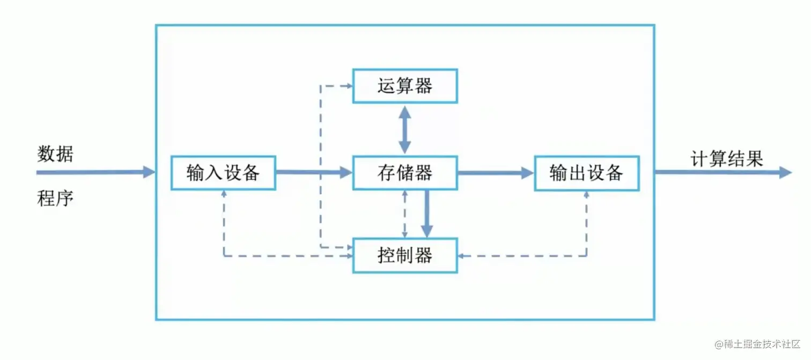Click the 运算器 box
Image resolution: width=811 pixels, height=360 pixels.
(x=405, y=86)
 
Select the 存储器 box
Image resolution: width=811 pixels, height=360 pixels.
(x=405, y=173)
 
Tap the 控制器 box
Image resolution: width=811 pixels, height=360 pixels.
(x=405, y=255)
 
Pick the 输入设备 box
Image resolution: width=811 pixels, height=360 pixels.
(x=223, y=173)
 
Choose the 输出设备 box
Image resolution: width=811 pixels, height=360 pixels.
(x=587, y=173)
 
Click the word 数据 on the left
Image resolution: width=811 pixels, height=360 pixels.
(x=55, y=155)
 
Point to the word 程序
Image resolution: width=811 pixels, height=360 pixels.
(x=55, y=199)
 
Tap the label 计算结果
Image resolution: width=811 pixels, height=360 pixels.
(x=726, y=159)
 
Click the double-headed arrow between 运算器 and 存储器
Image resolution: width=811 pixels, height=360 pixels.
(x=405, y=129)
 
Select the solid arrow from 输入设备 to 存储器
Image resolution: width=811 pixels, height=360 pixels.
(x=314, y=172)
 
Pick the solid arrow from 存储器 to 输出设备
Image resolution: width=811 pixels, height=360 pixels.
(x=496, y=172)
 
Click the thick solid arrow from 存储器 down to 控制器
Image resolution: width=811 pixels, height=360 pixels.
(x=427, y=213)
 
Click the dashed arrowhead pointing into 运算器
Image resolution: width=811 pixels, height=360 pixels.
(x=348, y=85)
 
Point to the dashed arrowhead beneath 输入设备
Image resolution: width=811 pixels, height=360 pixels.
(x=224, y=194)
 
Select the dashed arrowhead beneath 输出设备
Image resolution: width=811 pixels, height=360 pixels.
(x=587, y=194)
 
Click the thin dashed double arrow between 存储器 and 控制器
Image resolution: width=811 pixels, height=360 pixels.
(x=405, y=214)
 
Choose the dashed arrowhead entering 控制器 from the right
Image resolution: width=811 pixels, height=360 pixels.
(x=461, y=256)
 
